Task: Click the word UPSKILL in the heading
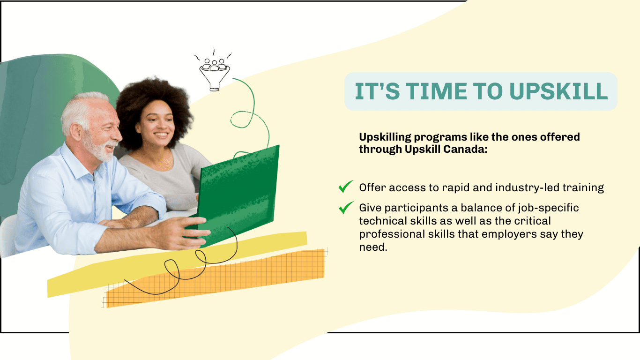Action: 558,91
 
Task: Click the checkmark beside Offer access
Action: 346,187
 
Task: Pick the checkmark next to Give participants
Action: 346,207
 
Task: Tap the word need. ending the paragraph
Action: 373,247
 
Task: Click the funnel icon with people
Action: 214,74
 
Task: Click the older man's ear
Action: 76,132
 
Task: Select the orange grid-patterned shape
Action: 215,279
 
